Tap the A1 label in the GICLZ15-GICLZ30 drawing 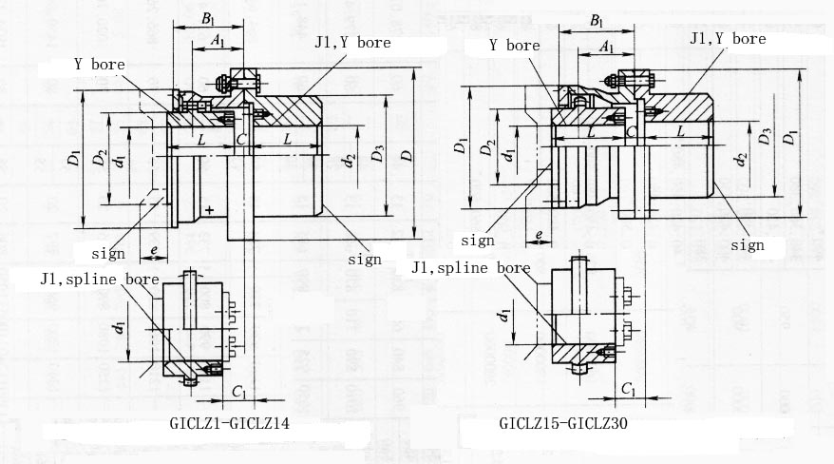point(607,46)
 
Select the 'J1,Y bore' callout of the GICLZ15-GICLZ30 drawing point(727,39)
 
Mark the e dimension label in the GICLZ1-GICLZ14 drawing point(153,251)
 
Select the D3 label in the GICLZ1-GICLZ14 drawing point(378,153)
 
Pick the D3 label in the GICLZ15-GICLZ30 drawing point(766,139)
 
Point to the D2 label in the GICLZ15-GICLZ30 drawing point(487,148)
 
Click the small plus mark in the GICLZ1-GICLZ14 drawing point(208,208)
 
